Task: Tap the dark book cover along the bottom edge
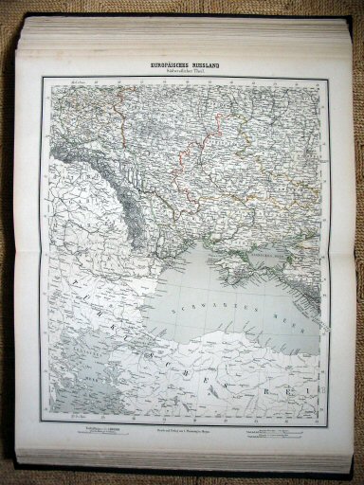[x=190, y=469]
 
